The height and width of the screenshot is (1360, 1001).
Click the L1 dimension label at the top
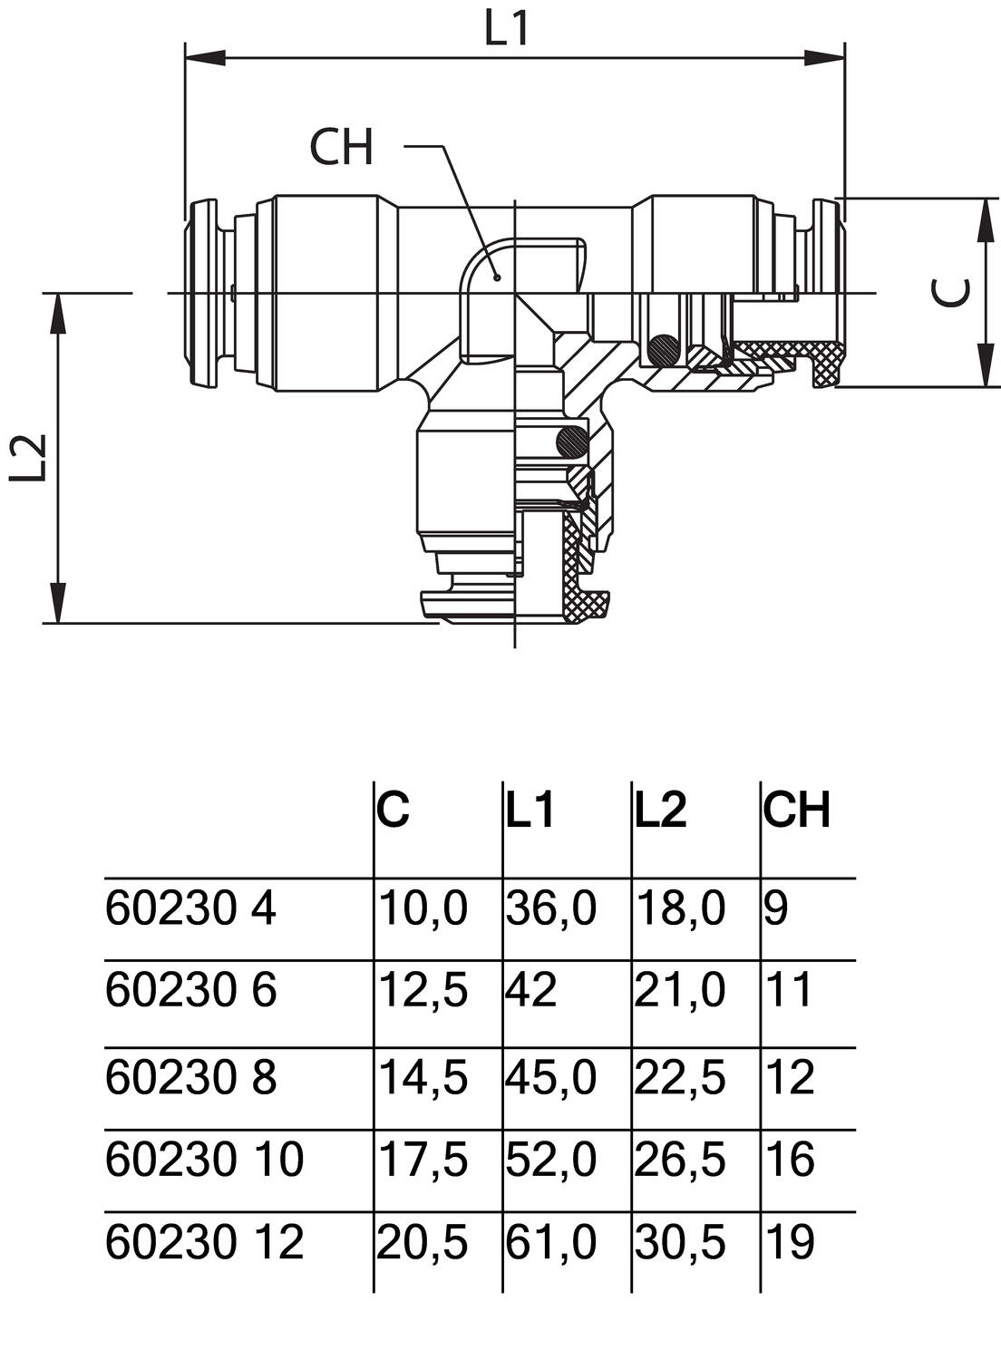click(x=506, y=29)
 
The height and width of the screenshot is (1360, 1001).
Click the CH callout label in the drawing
click(x=341, y=148)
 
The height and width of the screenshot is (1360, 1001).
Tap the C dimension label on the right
click(x=953, y=292)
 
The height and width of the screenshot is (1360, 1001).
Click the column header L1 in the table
click(x=530, y=810)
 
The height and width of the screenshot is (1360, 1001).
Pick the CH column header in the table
click(x=796, y=810)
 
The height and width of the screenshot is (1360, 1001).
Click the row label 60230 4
click(x=190, y=908)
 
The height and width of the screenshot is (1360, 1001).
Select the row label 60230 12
click(x=204, y=1242)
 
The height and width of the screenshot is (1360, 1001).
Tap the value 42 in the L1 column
click(x=531, y=990)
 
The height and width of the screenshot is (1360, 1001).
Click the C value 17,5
click(x=423, y=1160)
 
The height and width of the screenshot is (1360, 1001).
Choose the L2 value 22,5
click(x=680, y=1078)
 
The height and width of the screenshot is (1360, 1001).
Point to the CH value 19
click(x=789, y=1242)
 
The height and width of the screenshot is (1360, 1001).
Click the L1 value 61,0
click(x=551, y=1242)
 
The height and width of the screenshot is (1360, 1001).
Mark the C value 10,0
click(x=423, y=908)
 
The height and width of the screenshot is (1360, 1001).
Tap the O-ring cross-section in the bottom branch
click(x=572, y=442)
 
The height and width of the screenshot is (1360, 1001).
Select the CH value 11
click(x=789, y=990)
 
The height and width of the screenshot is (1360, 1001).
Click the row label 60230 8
click(x=190, y=1078)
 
